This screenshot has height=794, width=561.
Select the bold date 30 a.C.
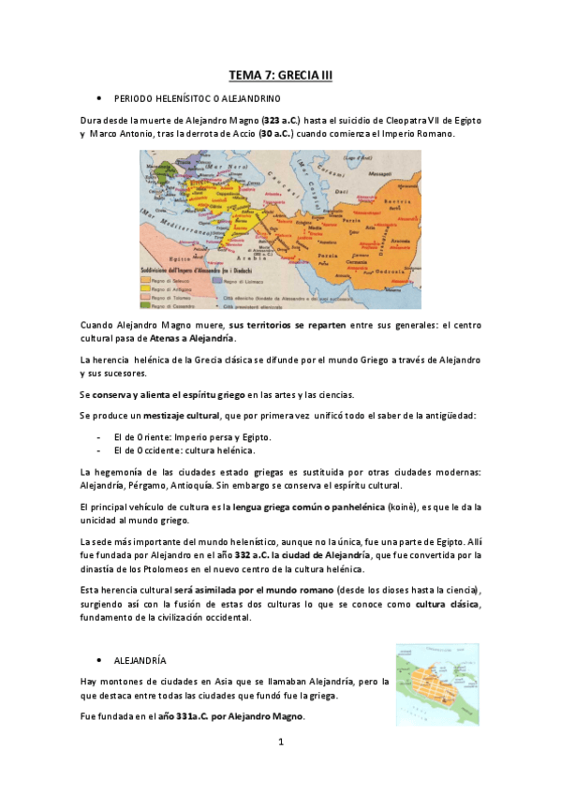point(275,134)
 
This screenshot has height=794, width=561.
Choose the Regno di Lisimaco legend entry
point(244,279)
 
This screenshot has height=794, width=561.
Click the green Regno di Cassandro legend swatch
point(147,303)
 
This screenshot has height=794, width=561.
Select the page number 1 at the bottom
point(280,743)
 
